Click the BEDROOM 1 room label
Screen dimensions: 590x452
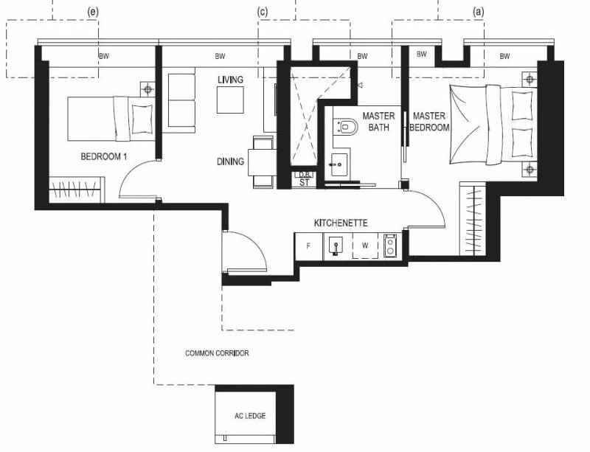[103, 156]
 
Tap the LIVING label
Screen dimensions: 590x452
[230, 80]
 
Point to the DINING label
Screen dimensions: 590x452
[230, 161]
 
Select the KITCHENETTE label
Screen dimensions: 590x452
[341, 223]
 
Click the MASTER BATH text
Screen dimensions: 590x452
[378, 122]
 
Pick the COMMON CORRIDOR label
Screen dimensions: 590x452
[217, 353]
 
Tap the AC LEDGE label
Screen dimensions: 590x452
[250, 416]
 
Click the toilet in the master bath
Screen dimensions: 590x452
[347, 127]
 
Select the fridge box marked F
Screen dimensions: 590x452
[308, 246]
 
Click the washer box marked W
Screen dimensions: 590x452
[365, 246]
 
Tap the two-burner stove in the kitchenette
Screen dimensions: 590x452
[390, 246]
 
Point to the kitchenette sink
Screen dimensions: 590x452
[336, 246]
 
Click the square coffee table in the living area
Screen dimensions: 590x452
[230, 100]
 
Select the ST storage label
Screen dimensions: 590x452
[305, 183]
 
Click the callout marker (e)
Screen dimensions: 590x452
[93, 12]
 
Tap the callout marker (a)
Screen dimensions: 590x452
[478, 12]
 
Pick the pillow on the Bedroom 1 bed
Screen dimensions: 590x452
[142, 119]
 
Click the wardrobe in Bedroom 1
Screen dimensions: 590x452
[75, 190]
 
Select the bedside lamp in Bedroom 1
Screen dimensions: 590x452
[148, 89]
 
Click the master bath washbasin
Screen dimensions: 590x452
[340, 164]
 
